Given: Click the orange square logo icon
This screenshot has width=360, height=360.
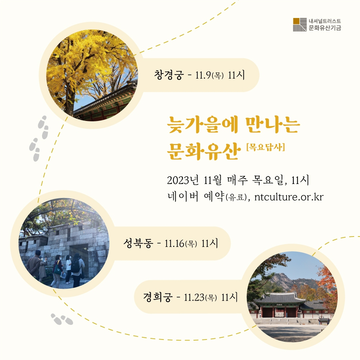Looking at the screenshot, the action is tap(296, 21).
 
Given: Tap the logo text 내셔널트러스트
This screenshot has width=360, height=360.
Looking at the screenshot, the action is tap(325, 21).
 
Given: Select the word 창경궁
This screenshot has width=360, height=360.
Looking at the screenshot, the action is tap(169, 75).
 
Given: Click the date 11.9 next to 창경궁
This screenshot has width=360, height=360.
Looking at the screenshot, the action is tap(203, 75).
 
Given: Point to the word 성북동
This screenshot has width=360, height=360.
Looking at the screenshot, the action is tap(138, 243).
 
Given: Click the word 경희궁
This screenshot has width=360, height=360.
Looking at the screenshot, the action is tap(158, 297).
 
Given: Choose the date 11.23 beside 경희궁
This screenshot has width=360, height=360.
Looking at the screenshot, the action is tap(194, 297).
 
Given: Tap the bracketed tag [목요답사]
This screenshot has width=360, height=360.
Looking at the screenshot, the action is tap(266, 147).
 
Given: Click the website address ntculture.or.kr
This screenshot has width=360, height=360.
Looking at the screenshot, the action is tap(289, 197).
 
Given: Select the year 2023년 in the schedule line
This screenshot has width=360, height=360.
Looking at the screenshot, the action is tap(183, 180).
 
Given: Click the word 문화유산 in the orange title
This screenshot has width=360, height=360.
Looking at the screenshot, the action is tap(204, 151).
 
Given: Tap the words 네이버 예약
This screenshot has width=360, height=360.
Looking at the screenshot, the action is tap(196, 197).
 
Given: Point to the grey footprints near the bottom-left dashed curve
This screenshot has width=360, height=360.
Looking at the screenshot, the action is tap(62, 319).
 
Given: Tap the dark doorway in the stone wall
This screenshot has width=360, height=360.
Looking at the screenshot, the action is tap(79, 255).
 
